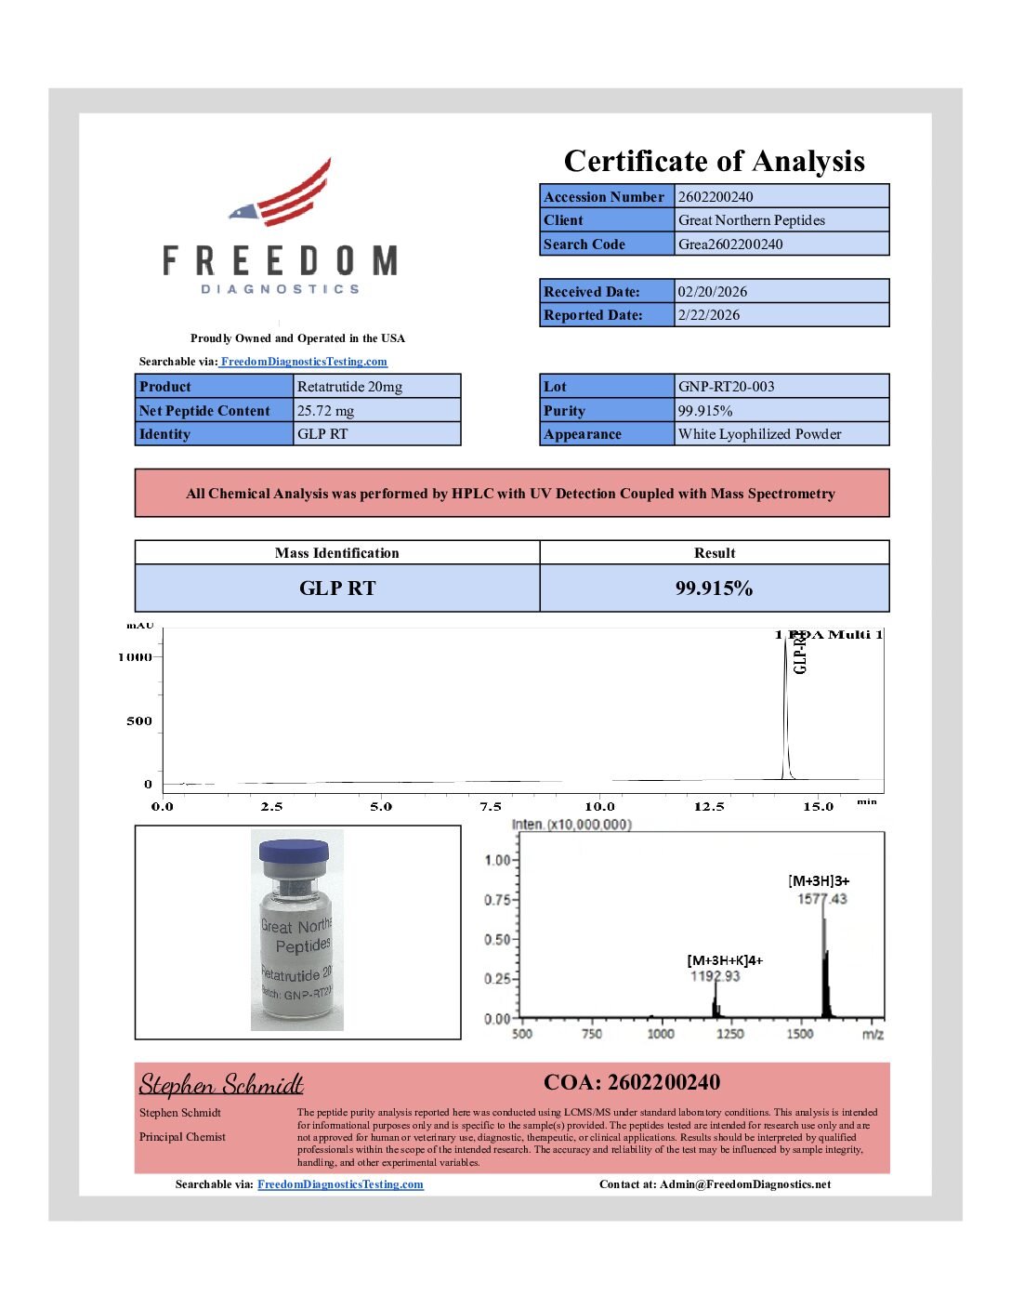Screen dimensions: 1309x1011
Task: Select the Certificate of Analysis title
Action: (x=714, y=161)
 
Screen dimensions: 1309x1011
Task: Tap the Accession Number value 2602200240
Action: (x=716, y=197)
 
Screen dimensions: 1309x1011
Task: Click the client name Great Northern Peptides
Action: (x=751, y=220)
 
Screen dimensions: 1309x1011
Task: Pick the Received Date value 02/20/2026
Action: (x=712, y=292)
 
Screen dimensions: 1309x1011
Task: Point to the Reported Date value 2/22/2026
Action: (x=709, y=315)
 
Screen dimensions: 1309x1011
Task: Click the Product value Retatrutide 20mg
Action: (x=349, y=387)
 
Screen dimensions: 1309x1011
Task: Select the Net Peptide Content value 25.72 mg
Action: (x=325, y=411)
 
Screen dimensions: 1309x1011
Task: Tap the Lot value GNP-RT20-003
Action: (x=726, y=387)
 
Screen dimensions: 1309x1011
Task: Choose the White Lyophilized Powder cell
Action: (x=759, y=434)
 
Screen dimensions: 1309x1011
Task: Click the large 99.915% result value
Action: (x=714, y=588)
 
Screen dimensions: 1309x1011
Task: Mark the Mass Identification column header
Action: (x=336, y=553)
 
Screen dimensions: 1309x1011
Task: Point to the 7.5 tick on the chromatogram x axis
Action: (x=491, y=807)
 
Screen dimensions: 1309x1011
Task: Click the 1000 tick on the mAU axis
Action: (x=135, y=657)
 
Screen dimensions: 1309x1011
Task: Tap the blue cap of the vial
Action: (x=294, y=851)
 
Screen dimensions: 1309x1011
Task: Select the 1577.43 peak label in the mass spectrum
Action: (x=822, y=899)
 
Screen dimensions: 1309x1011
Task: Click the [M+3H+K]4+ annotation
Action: (x=725, y=960)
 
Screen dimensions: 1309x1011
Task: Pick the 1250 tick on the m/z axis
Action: (x=729, y=1034)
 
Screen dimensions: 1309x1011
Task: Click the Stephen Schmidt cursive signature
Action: (x=221, y=1085)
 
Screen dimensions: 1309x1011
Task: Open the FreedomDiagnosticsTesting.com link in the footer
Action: (x=340, y=1184)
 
